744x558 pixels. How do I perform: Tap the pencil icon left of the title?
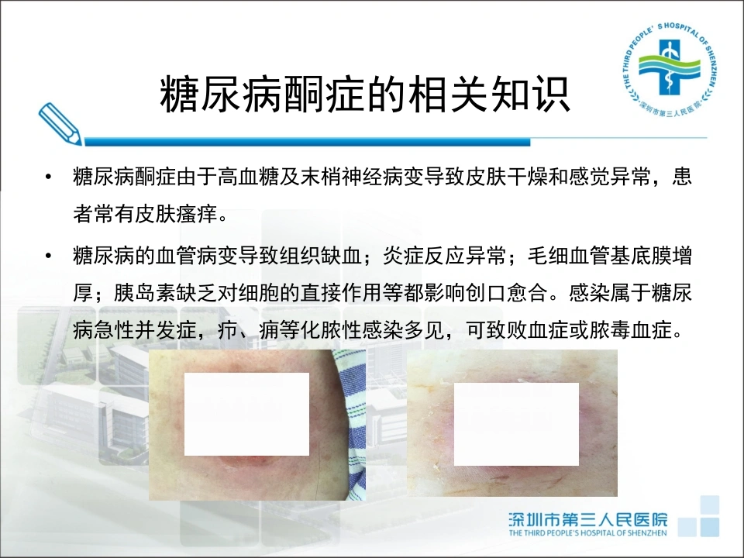pyautogui.click(x=60, y=123)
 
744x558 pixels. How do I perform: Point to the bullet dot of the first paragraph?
pyautogui.click(x=48, y=177)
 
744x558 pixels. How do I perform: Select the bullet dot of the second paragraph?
pyautogui.click(x=48, y=257)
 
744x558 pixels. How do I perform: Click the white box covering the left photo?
pyautogui.click(x=246, y=414)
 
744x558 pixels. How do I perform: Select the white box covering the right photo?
pyautogui.click(x=516, y=424)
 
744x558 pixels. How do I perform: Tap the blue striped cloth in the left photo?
pyautogui.click(x=352, y=422)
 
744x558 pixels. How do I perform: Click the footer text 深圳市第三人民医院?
pyautogui.click(x=588, y=519)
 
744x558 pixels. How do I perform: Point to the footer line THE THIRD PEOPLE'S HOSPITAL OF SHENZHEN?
pyautogui.click(x=588, y=533)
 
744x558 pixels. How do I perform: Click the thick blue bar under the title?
pyautogui.click(x=307, y=141)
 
